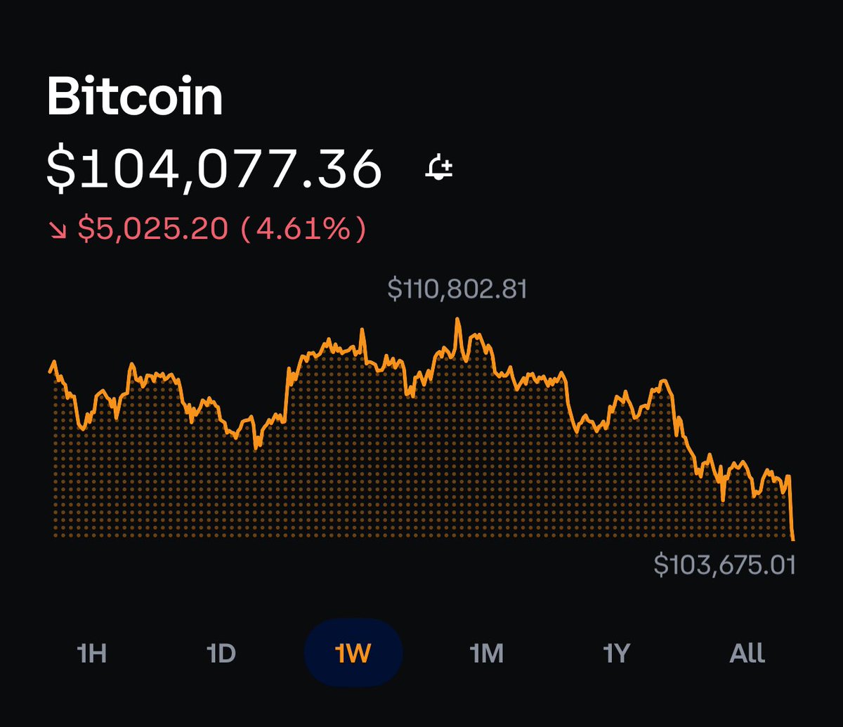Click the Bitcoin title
tap(135, 98)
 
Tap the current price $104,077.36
tap(214, 169)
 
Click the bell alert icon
tap(440, 169)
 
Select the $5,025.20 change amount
tap(152, 228)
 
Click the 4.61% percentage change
tap(303, 228)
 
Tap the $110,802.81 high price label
tap(457, 289)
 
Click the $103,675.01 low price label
tap(724, 564)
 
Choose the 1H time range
tap(91, 653)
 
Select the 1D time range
tap(221, 653)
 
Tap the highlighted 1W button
tap(353, 653)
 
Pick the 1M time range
tap(486, 653)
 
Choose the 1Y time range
tap(616, 653)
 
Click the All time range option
tap(747, 653)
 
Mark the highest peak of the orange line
tap(458, 320)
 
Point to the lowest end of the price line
tap(794, 539)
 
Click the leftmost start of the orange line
tap(50, 370)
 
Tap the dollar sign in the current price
tap(62, 169)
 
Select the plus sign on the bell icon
tap(447, 167)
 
